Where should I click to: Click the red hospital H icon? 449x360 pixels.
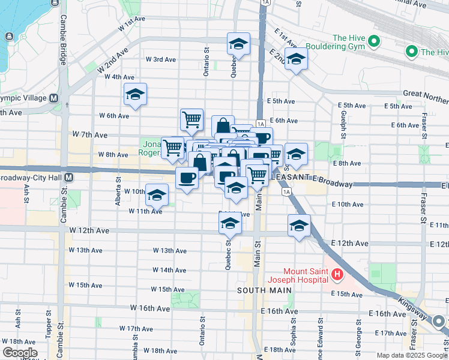337,276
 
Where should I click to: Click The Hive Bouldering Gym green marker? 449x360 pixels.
373,41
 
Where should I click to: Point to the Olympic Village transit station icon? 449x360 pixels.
53,98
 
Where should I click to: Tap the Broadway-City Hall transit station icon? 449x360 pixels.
69,178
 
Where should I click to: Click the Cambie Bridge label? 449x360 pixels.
62,46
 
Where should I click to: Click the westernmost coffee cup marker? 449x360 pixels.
187,178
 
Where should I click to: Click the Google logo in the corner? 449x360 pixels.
20,352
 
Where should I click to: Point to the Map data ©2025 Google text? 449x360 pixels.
412,355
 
